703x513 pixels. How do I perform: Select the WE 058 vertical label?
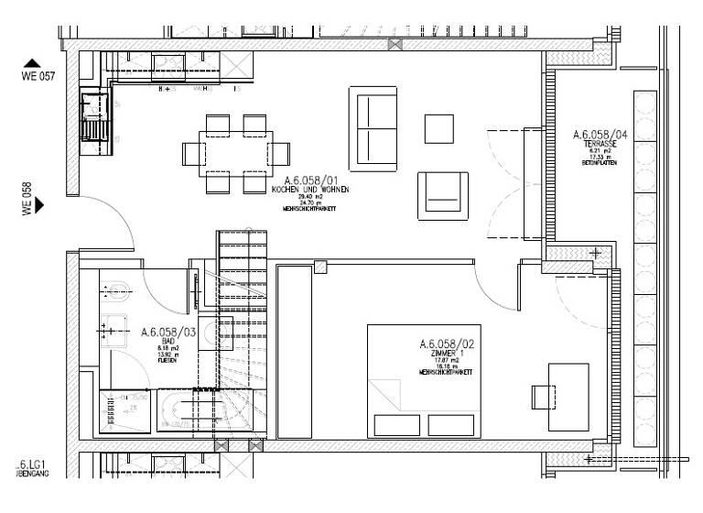click(27, 198)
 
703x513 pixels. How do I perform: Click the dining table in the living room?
click(234, 152)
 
